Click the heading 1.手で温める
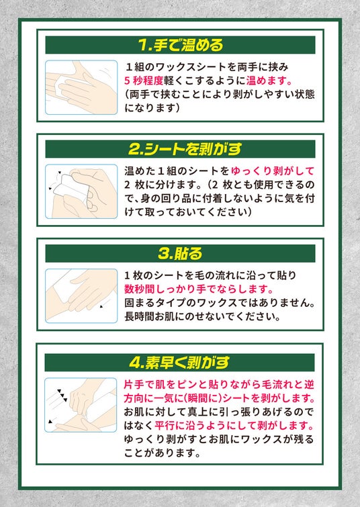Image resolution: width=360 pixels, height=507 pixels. pyautogui.click(x=181, y=45)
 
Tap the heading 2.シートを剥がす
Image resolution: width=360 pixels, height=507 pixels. pyautogui.click(x=185, y=149)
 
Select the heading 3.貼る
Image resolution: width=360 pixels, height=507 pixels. pyautogui.click(x=180, y=254)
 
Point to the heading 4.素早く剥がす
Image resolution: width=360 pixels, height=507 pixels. pyautogui.click(x=179, y=363)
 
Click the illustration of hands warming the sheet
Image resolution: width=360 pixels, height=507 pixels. pyautogui.click(x=81, y=87)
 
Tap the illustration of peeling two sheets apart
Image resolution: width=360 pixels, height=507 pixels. pyautogui.click(x=81, y=191)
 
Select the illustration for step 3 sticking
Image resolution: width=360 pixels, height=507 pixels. pyautogui.click(x=81, y=296)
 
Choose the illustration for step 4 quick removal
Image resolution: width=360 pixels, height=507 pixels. pyautogui.click(x=81, y=405)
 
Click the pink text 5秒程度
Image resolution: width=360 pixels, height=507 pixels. pyautogui.click(x=144, y=81)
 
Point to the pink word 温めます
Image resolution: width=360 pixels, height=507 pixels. pyautogui.click(x=267, y=81)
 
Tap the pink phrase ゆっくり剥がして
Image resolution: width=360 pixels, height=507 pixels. pyautogui.click(x=273, y=171)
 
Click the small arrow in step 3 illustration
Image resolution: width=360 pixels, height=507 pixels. pyautogui.click(x=101, y=306)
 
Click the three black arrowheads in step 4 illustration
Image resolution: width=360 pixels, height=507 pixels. pyautogui.click(x=62, y=395)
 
